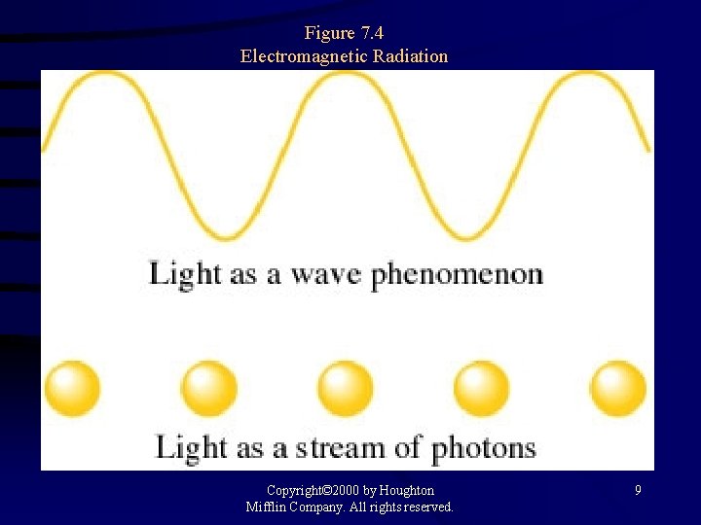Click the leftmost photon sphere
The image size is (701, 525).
72,389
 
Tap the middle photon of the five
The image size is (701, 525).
345,389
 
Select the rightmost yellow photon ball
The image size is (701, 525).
618,389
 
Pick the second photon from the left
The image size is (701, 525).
208,389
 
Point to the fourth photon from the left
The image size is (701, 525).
481,389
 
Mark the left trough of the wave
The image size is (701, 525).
226,236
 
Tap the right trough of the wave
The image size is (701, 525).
467,236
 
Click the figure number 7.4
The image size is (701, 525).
371,34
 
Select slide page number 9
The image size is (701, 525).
638,491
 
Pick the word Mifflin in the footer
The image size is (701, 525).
269,507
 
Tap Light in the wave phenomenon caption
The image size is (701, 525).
185,274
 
